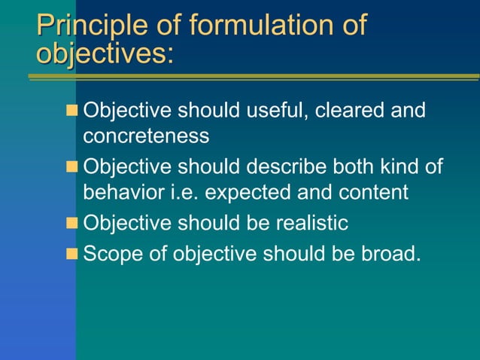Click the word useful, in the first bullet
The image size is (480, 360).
pyautogui.click(x=273, y=111)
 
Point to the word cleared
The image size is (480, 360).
pyautogui.click(x=351, y=111)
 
